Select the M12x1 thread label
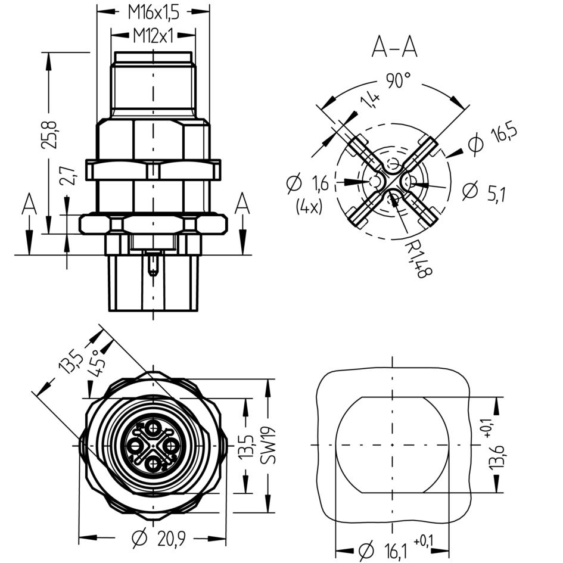pos(153,36)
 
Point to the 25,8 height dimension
pos(49,135)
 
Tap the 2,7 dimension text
pos(67,175)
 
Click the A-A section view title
pos(394,47)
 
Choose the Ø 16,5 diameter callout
pos(493,139)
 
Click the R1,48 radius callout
pos(418,259)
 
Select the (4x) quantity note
pos(309,207)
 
